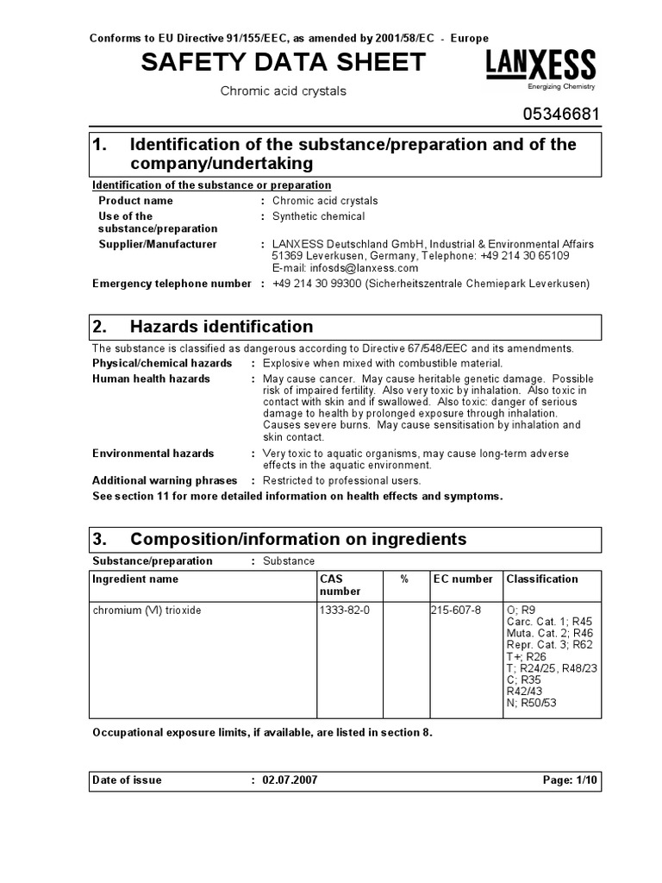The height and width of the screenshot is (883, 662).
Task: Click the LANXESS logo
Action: click(x=540, y=68)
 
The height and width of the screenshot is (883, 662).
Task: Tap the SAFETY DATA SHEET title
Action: click(x=283, y=62)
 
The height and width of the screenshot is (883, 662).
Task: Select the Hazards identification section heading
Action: click(x=222, y=326)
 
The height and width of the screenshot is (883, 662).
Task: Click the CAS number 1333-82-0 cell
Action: click(x=343, y=610)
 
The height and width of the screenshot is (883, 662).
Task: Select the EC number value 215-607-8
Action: click(x=456, y=610)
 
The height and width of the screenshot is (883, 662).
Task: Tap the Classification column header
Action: click(x=541, y=579)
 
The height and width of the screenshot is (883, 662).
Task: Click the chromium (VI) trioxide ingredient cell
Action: click(x=147, y=610)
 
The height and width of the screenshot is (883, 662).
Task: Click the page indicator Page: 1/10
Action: click(x=570, y=780)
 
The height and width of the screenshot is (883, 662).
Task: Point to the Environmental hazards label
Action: click(x=153, y=454)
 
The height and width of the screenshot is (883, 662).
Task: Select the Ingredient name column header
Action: click(x=135, y=579)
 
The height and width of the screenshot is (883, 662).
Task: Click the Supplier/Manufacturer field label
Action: click(x=158, y=244)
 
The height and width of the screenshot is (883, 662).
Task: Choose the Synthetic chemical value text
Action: click(x=318, y=216)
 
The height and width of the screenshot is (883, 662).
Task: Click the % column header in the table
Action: click(x=403, y=579)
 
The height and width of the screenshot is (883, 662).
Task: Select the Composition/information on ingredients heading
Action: click(x=298, y=539)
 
